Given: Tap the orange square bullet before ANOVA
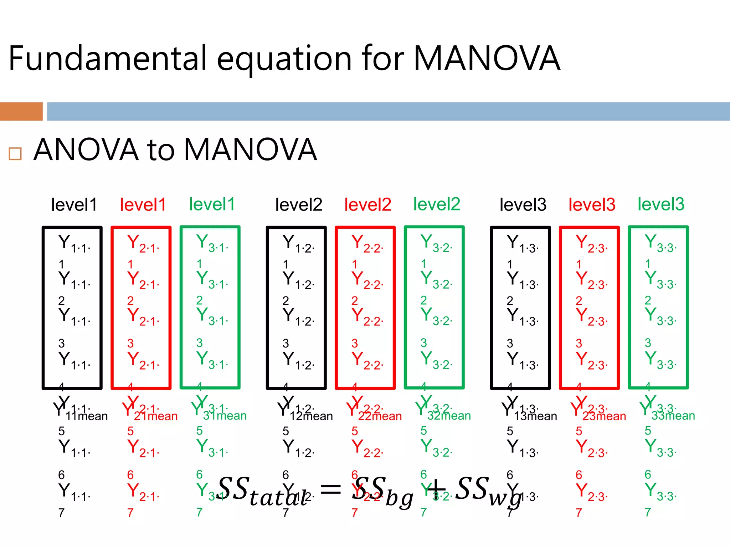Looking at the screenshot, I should (15, 154).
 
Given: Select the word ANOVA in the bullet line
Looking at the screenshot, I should (86, 150).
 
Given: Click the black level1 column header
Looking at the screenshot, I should (74, 205).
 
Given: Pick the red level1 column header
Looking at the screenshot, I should (143, 205).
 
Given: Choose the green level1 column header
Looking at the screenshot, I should (212, 204).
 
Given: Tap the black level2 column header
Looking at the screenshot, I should (299, 205).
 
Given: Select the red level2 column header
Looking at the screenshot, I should (367, 205).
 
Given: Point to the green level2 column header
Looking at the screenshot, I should (437, 204).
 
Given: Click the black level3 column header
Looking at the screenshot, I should (523, 205).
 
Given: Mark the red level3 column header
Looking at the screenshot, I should (592, 205).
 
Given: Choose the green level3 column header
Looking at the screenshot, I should (661, 204).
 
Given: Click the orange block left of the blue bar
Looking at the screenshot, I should (21, 111).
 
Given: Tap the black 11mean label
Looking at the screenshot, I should (87, 416).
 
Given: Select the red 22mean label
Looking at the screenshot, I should (380, 416).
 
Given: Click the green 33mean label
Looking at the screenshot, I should (673, 416).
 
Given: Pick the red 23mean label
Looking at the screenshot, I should (604, 416).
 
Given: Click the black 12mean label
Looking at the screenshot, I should (311, 416).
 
